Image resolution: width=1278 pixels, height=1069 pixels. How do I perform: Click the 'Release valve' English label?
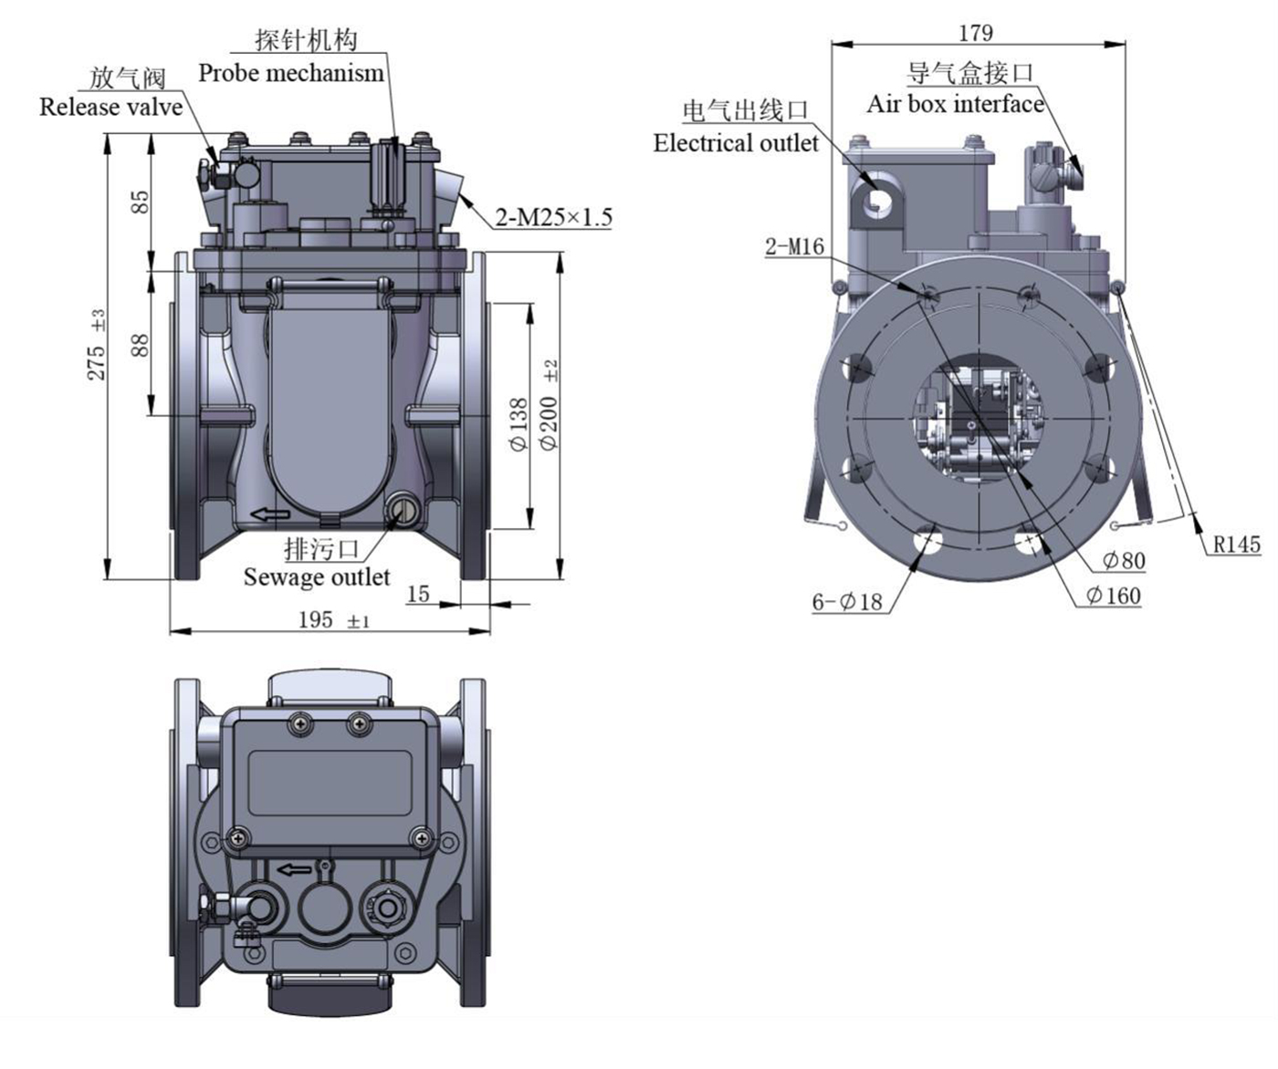pyautogui.click(x=110, y=108)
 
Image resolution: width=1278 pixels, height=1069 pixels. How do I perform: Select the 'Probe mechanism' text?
pyautogui.click(x=291, y=73)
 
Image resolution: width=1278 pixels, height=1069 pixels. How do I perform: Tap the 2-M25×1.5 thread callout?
pyautogui.click(x=553, y=217)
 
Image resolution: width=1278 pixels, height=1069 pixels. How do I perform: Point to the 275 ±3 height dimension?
pyautogui.click(x=97, y=346)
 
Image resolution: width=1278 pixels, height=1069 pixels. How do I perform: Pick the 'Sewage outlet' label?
pyautogui.click(x=316, y=577)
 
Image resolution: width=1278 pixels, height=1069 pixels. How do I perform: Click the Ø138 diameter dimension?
pyautogui.click(x=519, y=425)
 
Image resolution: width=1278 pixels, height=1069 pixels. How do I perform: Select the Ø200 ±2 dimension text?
pyautogui.click(x=549, y=405)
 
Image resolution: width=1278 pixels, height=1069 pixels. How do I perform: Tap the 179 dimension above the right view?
pyautogui.click(x=975, y=33)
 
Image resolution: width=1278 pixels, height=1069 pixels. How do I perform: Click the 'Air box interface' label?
pyautogui.click(x=954, y=104)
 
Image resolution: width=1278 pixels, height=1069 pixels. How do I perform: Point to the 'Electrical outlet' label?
pyautogui.click(x=736, y=143)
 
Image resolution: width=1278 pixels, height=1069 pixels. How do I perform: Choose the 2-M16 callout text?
pyautogui.click(x=794, y=246)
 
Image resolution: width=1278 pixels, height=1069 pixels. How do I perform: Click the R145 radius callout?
pyautogui.click(x=1236, y=545)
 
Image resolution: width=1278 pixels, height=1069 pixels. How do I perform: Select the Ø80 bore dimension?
pyautogui.click(x=1123, y=560)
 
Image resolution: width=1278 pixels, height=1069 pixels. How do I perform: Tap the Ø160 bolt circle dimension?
pyautogui.click(x=1114, y=596)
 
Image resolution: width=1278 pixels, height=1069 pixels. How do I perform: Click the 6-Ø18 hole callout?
pyautogui.click(x=848, y=601)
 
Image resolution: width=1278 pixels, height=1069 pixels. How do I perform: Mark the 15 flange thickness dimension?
pyautogui.click(x=417, y=594)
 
